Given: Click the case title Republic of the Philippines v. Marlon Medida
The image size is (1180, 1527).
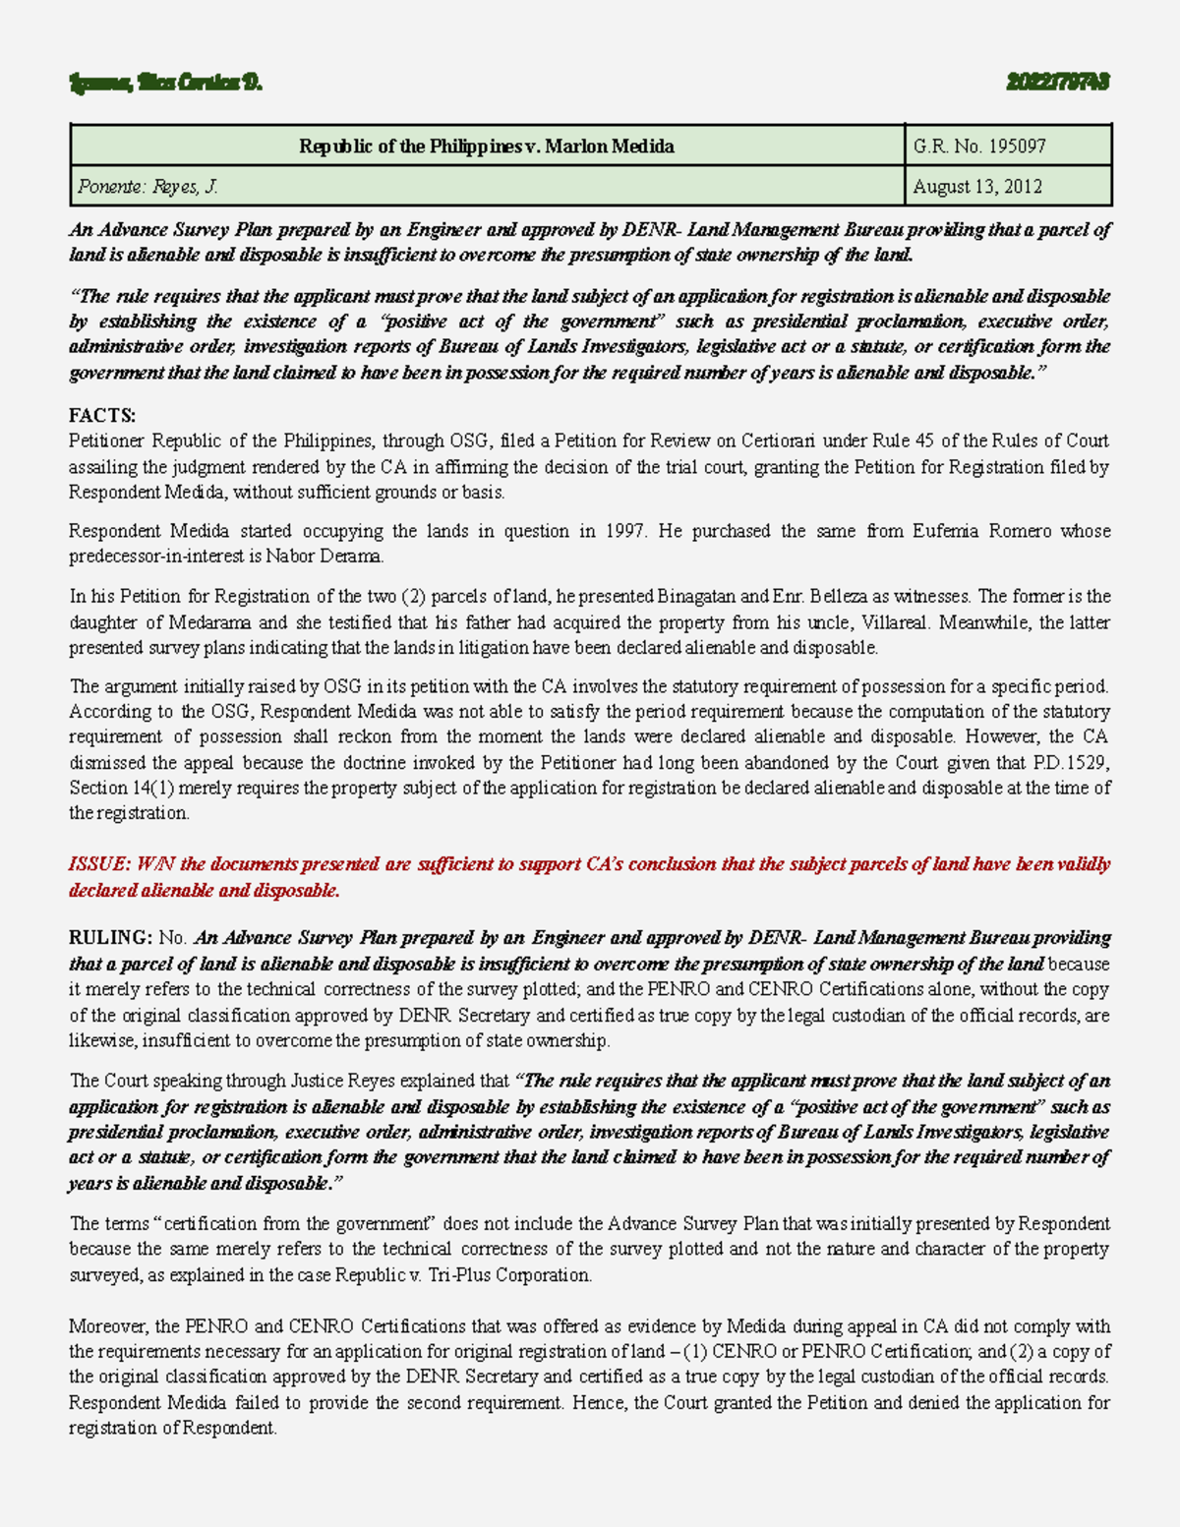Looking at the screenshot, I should pyautogui.click(x=487, y=147).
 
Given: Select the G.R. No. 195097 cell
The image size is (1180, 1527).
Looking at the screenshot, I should pyautogui.click(x=978, y=147).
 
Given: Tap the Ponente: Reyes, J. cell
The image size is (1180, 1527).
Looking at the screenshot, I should pyautogui.click(x=146, y=187).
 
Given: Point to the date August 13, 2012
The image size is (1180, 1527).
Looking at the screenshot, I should pyautogui.click(x=976, y=187).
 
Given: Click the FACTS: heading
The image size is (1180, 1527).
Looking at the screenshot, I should pyautogui.click(x=102, y=416).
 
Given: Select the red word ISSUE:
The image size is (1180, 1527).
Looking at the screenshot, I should pyautogui.click(x=99, y=864).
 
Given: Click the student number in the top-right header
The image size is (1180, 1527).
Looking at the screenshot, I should pyautogui.click(x=1058, y=83).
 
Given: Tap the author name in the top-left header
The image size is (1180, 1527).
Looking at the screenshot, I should pyautogui.click(x=165, y=83).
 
